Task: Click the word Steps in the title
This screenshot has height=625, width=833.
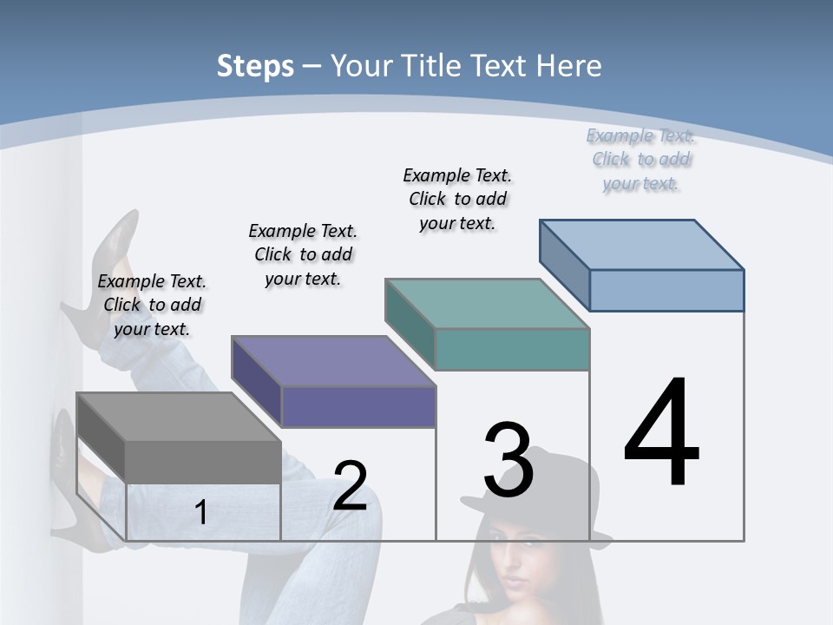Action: click(255, 66)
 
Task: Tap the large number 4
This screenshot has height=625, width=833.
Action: click(661, 433)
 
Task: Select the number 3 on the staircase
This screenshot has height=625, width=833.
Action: click(508, 460)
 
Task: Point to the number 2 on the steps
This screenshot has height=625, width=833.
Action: click(351, 486)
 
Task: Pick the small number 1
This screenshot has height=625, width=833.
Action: click(201, 512)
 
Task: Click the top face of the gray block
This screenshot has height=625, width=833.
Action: click(179, 417)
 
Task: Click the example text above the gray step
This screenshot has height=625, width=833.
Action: click(152, 305)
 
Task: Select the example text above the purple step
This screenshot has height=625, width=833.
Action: click(303, 254)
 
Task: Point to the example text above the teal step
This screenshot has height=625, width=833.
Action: click(457, 199)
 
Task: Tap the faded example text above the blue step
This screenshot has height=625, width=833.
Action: click(640, 159)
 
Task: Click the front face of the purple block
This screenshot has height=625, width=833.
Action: click(358, 406)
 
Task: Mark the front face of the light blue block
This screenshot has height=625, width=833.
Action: click(666, 290)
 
